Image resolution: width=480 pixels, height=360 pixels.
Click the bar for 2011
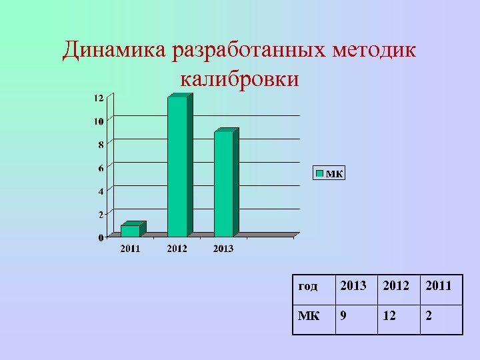tap(131, 231)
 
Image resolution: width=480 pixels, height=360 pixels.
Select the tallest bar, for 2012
tap(177, 167)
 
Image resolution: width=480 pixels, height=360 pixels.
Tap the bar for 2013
tap(224, 184)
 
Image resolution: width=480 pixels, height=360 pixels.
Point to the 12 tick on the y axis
tap(97, 98)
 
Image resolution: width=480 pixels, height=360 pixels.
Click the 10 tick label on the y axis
tap(98, 121)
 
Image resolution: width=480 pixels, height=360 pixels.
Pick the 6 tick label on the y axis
tap(101, 168)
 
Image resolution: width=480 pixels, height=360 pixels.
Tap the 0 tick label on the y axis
tap(101, 237)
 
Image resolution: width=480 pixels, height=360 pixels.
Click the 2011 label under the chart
tap(130, 249)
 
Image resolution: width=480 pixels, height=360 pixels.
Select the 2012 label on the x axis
tap(177, 249)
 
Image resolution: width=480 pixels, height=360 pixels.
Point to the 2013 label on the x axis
tap(223, 249)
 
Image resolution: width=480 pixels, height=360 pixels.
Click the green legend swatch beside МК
tap(319, 173)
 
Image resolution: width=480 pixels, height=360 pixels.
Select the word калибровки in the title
tap(239, 79)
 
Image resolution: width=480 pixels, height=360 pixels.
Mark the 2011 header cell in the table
tap(441, 287)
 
